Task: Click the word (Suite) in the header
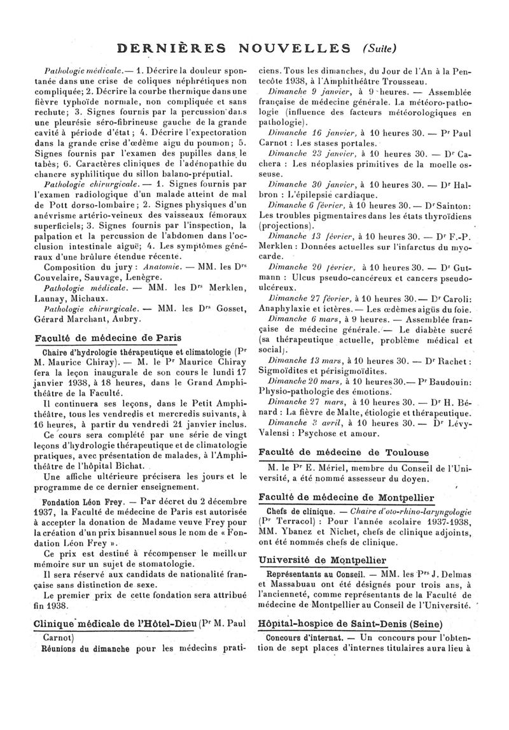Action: pyautogui.click(x=381, y=48)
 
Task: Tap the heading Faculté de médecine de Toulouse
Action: pyautogui.click(x=344, y=453)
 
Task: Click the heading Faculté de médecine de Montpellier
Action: pyautogui.click(x=347, y=497)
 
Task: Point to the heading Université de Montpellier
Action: pyautogui.click(x=323, y=560)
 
